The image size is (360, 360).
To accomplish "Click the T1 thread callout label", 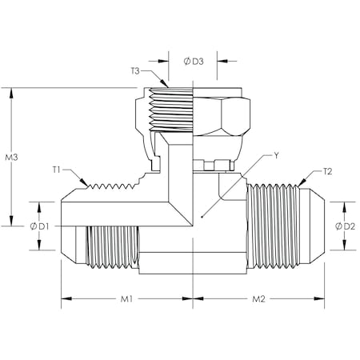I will pos(58,170).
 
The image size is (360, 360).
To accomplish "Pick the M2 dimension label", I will pos(259,301).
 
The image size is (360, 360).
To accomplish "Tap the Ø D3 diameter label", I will pos(193,61).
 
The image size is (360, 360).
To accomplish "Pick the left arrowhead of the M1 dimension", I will pos(65,301).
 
